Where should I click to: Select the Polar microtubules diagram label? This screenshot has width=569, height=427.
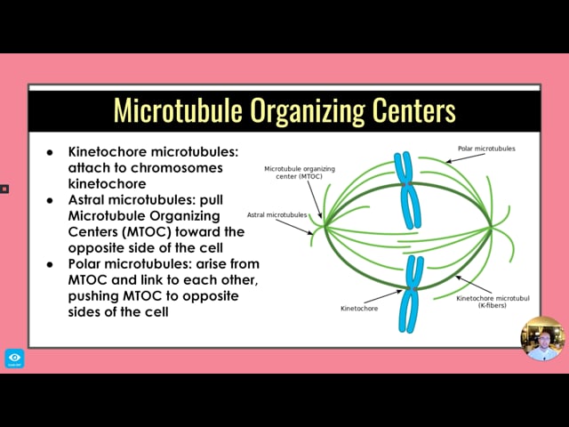pos(486,149)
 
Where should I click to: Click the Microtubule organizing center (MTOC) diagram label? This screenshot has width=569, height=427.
pos(300,173)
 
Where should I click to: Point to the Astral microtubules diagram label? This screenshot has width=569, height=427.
pos(276,215)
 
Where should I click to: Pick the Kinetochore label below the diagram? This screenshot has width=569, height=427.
pos(359,309)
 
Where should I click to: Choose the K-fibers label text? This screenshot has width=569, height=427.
pos(492,306)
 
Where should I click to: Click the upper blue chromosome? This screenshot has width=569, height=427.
pos(407,190)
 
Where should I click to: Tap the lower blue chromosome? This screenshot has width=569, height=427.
pos(411,294)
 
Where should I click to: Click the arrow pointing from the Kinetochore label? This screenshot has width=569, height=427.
pos(383,296)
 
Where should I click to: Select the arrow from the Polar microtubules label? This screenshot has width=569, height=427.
pos(465,158)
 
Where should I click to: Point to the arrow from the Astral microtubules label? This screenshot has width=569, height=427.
pos(294,227)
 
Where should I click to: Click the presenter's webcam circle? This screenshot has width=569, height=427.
pos(542,339)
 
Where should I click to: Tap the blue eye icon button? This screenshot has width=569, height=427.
pos(14,359)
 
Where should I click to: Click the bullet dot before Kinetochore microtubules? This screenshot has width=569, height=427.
pos(50,152)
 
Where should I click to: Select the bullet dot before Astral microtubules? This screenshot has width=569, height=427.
pos(50,200)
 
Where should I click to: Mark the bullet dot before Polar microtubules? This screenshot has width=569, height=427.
pos(50,264)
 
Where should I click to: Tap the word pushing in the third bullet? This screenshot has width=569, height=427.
pos(93,296)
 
